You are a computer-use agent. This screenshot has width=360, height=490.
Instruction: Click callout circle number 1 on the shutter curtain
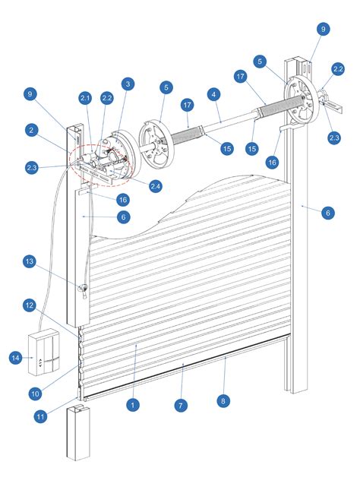(x=133, y=406)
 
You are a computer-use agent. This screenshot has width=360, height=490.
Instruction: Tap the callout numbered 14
(x=14, y=356)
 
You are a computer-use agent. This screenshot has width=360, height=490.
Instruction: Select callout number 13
(x=29, y=262)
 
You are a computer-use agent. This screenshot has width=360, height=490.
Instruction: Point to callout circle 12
(x=29, y=305)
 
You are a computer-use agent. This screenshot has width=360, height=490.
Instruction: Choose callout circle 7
(x=180, y=406)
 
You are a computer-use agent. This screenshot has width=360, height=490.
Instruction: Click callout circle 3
(x=127, y=84)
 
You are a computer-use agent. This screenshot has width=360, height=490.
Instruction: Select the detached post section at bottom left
(x=79, y=432)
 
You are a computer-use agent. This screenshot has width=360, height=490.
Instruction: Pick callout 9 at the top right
(x=324, y=29)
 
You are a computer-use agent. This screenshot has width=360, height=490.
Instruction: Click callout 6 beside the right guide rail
(x=327, y=213)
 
